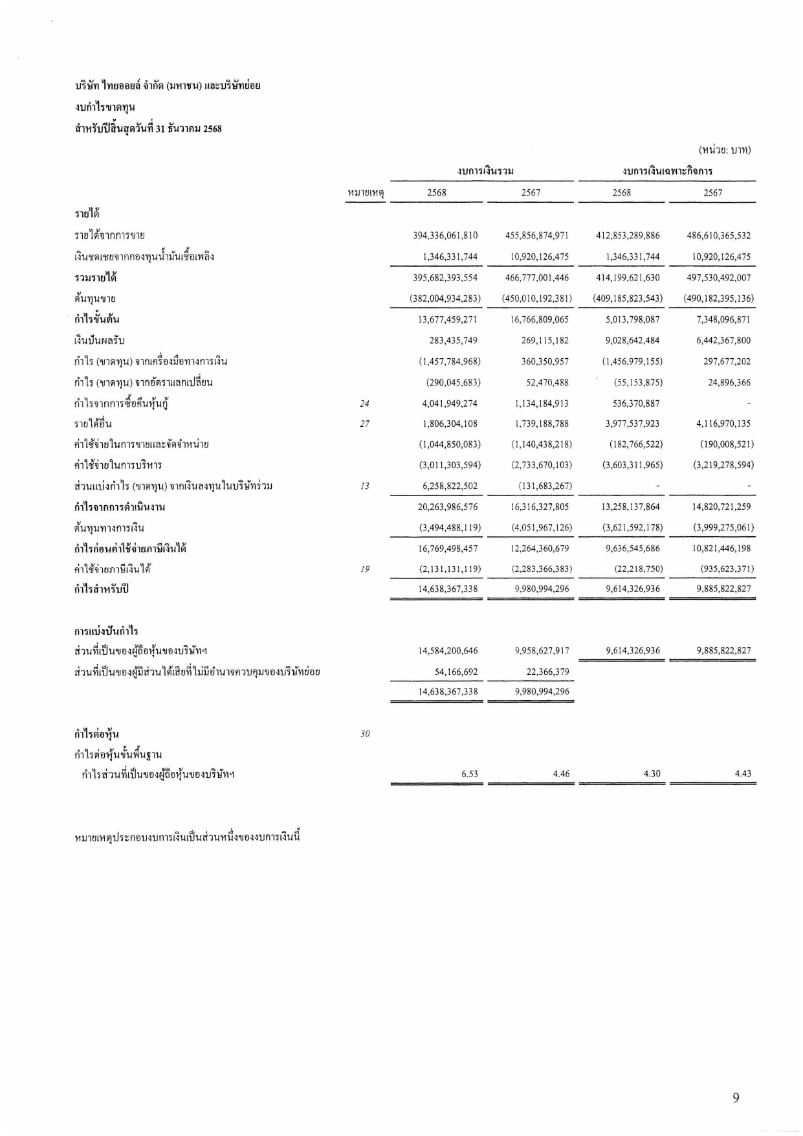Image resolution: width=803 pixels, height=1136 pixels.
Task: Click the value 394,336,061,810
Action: pyautogui.click(x=445, y=236)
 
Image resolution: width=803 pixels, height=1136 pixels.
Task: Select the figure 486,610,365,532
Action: pyautogui.click(x=718, y=236)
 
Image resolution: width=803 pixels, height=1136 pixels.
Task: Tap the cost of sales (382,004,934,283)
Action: pyautogui.click(x=445, y=299)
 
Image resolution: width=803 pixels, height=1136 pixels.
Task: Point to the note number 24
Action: pyautogui.click(x=364, y=403)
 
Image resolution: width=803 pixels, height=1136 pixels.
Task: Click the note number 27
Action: pyautogui.click(x=364, y=424)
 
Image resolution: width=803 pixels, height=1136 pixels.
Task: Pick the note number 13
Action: pyautogui.click(x=364, y=486)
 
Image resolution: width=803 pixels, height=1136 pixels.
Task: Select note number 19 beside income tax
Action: pyautogui.click(x=364, y=569)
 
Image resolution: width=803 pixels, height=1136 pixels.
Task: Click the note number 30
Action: pyautogui.click(x=364, y=734)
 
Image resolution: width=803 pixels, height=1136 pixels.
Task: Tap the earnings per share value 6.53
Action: pyautogui.click(x=470, y=774)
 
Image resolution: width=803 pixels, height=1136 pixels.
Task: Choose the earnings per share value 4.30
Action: pyautogui.click(x=652, y=774)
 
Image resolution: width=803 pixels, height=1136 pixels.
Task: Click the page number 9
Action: pyautogui.click(x=736, y=1097)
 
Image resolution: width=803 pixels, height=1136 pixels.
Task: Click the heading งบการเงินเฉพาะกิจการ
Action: pyautogui.click(x=667, y=172)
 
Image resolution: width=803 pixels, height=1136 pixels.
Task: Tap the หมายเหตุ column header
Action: pyautogui.click(x=366, y=192)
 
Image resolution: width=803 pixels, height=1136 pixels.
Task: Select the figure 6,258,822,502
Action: pyautogui.click(x=449, y=486)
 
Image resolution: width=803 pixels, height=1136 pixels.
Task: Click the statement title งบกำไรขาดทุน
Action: pyautogui.click(x=104, y=107)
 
